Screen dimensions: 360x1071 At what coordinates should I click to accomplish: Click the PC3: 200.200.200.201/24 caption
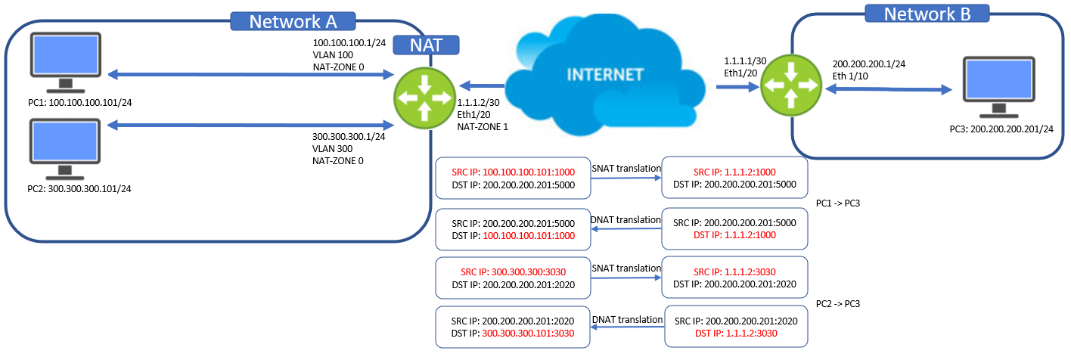[x=1001, y=129]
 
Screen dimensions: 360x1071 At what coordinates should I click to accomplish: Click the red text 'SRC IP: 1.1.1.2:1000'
[x=734, y=172]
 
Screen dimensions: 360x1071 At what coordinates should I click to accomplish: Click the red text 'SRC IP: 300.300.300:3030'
[x=512, y=272]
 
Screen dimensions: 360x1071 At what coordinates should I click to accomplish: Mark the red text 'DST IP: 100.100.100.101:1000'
[x=512, y=236]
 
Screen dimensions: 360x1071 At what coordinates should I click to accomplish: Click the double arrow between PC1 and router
[x=250, y=74]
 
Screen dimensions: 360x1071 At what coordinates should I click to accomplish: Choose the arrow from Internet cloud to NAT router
[x=481, y=86]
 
